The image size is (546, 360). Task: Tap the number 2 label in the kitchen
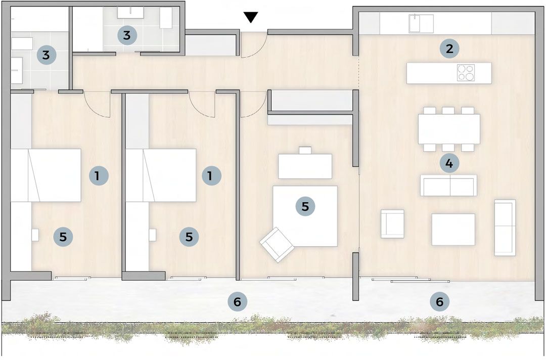pyautogui.click(x=449, y=49)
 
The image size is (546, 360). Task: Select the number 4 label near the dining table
pyautogui.click(x=449, y=163)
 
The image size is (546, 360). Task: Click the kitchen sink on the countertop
pyautogui.click(x=421, y=23)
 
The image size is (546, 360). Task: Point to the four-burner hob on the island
pyautogui.click(x=466, y=73)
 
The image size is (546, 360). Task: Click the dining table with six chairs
pyautogui.click(x=449, y=129)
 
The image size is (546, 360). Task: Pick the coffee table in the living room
pyautogui.click(x=453, y=230)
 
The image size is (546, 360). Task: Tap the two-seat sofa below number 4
pyautogui.click(x=448, y=186)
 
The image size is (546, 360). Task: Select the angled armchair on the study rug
pyautogui.click(x=277, y=244)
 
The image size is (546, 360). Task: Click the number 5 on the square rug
pyautogui.click(x=305, y=206)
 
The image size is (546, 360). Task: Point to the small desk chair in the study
pyautogui.click(x=305, y=150)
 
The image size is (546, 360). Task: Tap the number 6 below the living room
pyautogui.click(x=439, y=301)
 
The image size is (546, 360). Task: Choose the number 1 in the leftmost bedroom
pyautogui.click(x=99, y=175)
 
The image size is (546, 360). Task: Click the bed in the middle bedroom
pyautogui.click(x=161, y=175)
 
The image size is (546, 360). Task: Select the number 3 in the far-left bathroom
pyautogui.click(x=46, y=55)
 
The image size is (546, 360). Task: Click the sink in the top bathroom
pyautogui.click(x=130, y=13)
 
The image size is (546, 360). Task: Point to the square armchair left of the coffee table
pyautogui.click(x=392, y=224)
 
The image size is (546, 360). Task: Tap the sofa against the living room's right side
pyautogui.click(x=505, y=228)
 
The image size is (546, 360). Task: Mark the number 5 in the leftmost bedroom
pyautogui.click(x=63, y=237)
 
